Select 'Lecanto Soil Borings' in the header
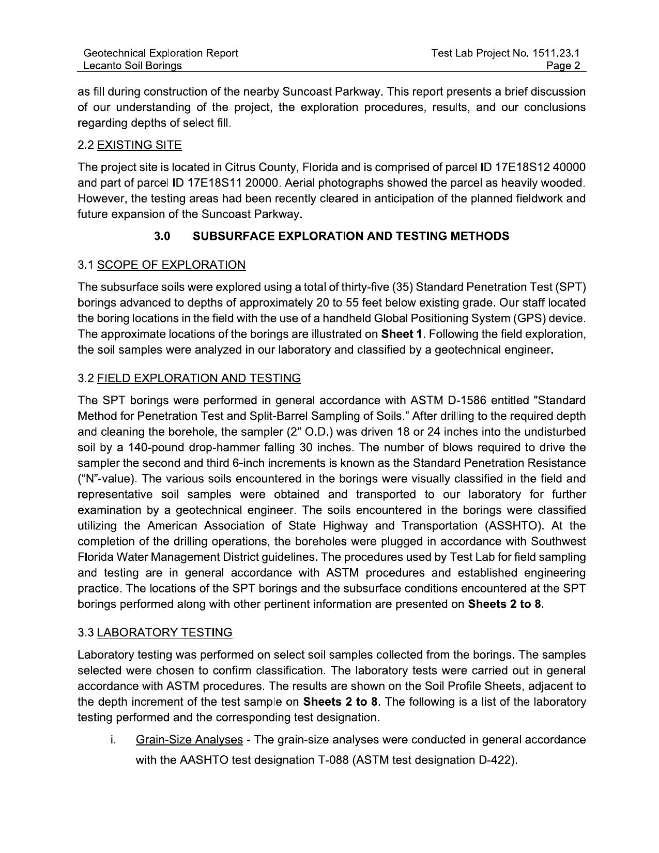[132, 66]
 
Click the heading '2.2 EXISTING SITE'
[129, 145]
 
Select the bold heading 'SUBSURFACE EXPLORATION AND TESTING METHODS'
[350, 236]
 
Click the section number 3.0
[162, 236]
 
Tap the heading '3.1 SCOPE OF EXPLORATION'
[161, 265]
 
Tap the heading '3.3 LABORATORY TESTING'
[155, 633]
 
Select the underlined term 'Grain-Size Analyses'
[189, 740]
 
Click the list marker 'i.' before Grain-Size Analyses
[112, 740]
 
